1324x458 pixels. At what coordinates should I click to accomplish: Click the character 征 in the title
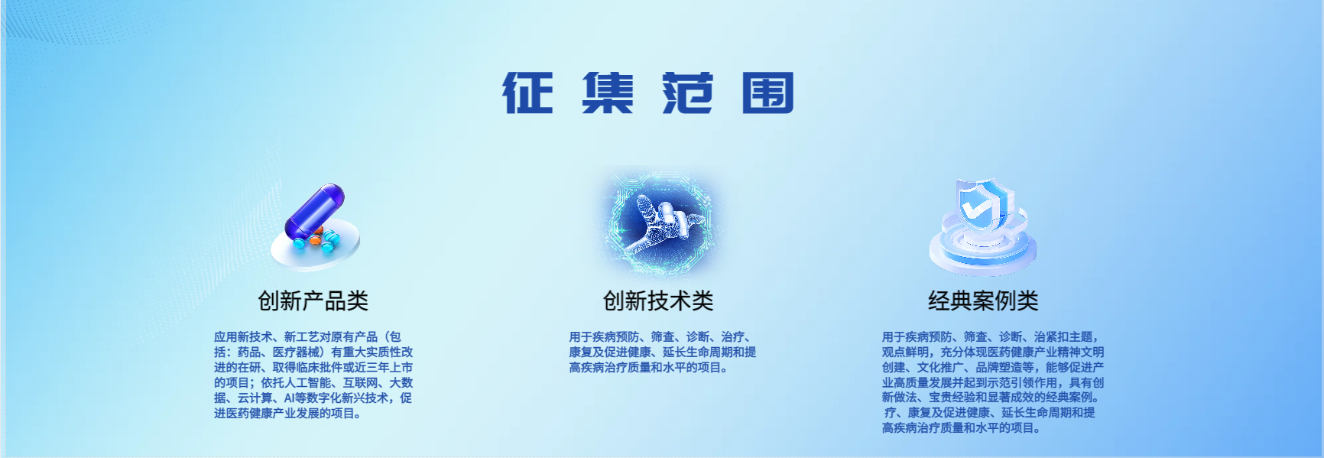tap(527, 93)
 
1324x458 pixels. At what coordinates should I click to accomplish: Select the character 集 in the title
tap(608, 93)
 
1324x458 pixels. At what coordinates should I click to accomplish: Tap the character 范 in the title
tap(688, 93)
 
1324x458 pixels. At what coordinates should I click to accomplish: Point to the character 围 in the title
tap(768, 93)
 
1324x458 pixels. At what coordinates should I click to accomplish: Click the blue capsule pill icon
tap(314, 209)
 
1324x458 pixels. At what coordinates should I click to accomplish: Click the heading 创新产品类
tap(313, 300)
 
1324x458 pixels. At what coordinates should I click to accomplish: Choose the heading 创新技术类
tap(658, 300)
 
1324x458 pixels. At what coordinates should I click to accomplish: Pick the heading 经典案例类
tap(983, 300)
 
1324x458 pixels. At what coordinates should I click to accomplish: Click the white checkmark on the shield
tap(975, 206)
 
